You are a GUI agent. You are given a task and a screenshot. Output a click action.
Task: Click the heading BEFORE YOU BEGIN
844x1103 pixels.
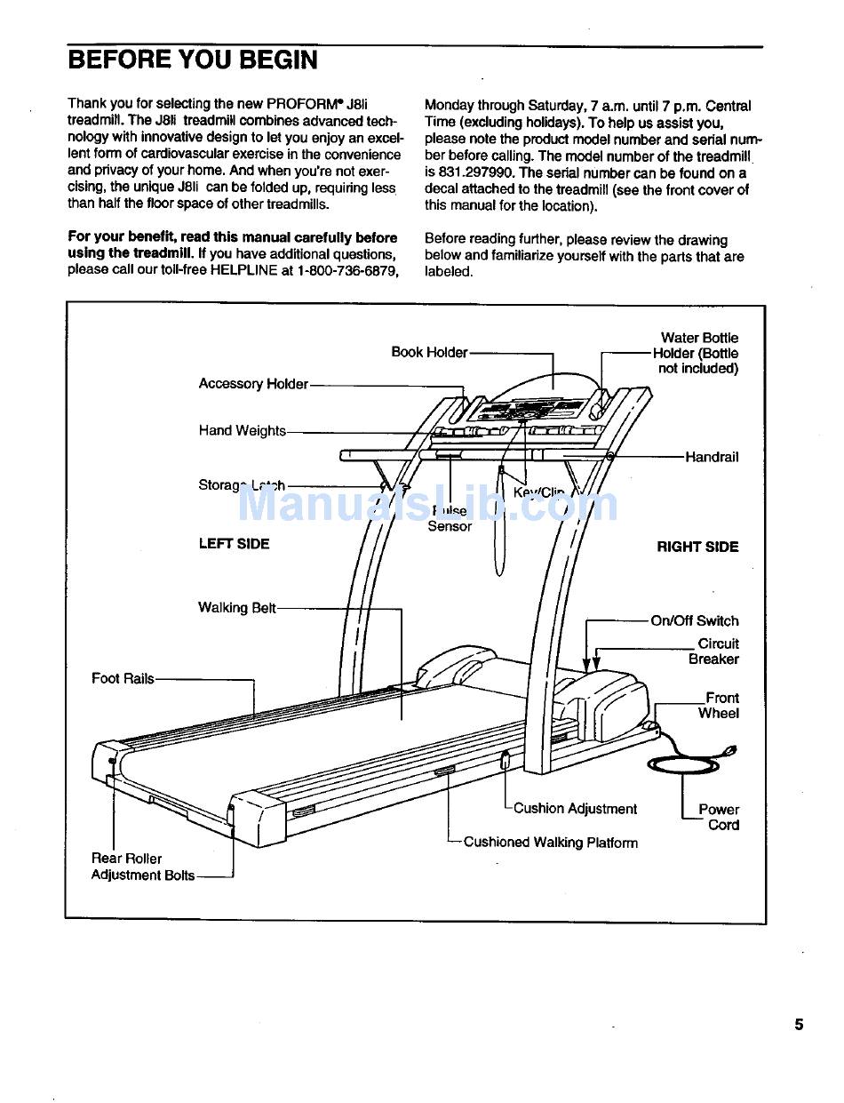point(192,60)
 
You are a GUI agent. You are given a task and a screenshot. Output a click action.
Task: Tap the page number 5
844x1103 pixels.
point(799,1025)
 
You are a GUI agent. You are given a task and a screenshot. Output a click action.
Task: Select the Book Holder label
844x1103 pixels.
point(429,353)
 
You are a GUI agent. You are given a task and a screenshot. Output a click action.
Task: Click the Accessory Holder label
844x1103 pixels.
point(253,384)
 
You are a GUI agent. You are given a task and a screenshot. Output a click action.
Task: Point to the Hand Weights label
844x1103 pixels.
point(242,431)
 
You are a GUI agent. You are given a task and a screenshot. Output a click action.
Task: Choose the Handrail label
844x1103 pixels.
point(712,458)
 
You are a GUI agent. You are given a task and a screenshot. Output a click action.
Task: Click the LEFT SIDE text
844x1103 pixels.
point(234,544)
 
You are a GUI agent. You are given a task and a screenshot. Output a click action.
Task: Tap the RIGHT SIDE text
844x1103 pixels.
point(697,548)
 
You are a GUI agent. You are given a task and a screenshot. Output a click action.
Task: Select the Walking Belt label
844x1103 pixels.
point(237,608)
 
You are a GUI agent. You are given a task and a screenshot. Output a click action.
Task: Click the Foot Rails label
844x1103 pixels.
point(123,679)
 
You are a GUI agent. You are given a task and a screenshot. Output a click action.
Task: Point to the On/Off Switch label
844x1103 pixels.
point(695,621)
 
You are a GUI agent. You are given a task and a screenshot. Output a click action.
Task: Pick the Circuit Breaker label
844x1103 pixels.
point(714,651)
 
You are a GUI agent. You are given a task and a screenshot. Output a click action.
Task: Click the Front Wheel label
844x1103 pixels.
point(720,706)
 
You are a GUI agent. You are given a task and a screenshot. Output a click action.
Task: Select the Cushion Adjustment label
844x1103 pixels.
point(576,809)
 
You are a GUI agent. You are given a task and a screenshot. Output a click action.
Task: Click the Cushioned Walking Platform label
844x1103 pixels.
point(551,843)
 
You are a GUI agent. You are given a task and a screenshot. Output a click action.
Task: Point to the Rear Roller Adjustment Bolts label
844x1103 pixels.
point(142,867)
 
